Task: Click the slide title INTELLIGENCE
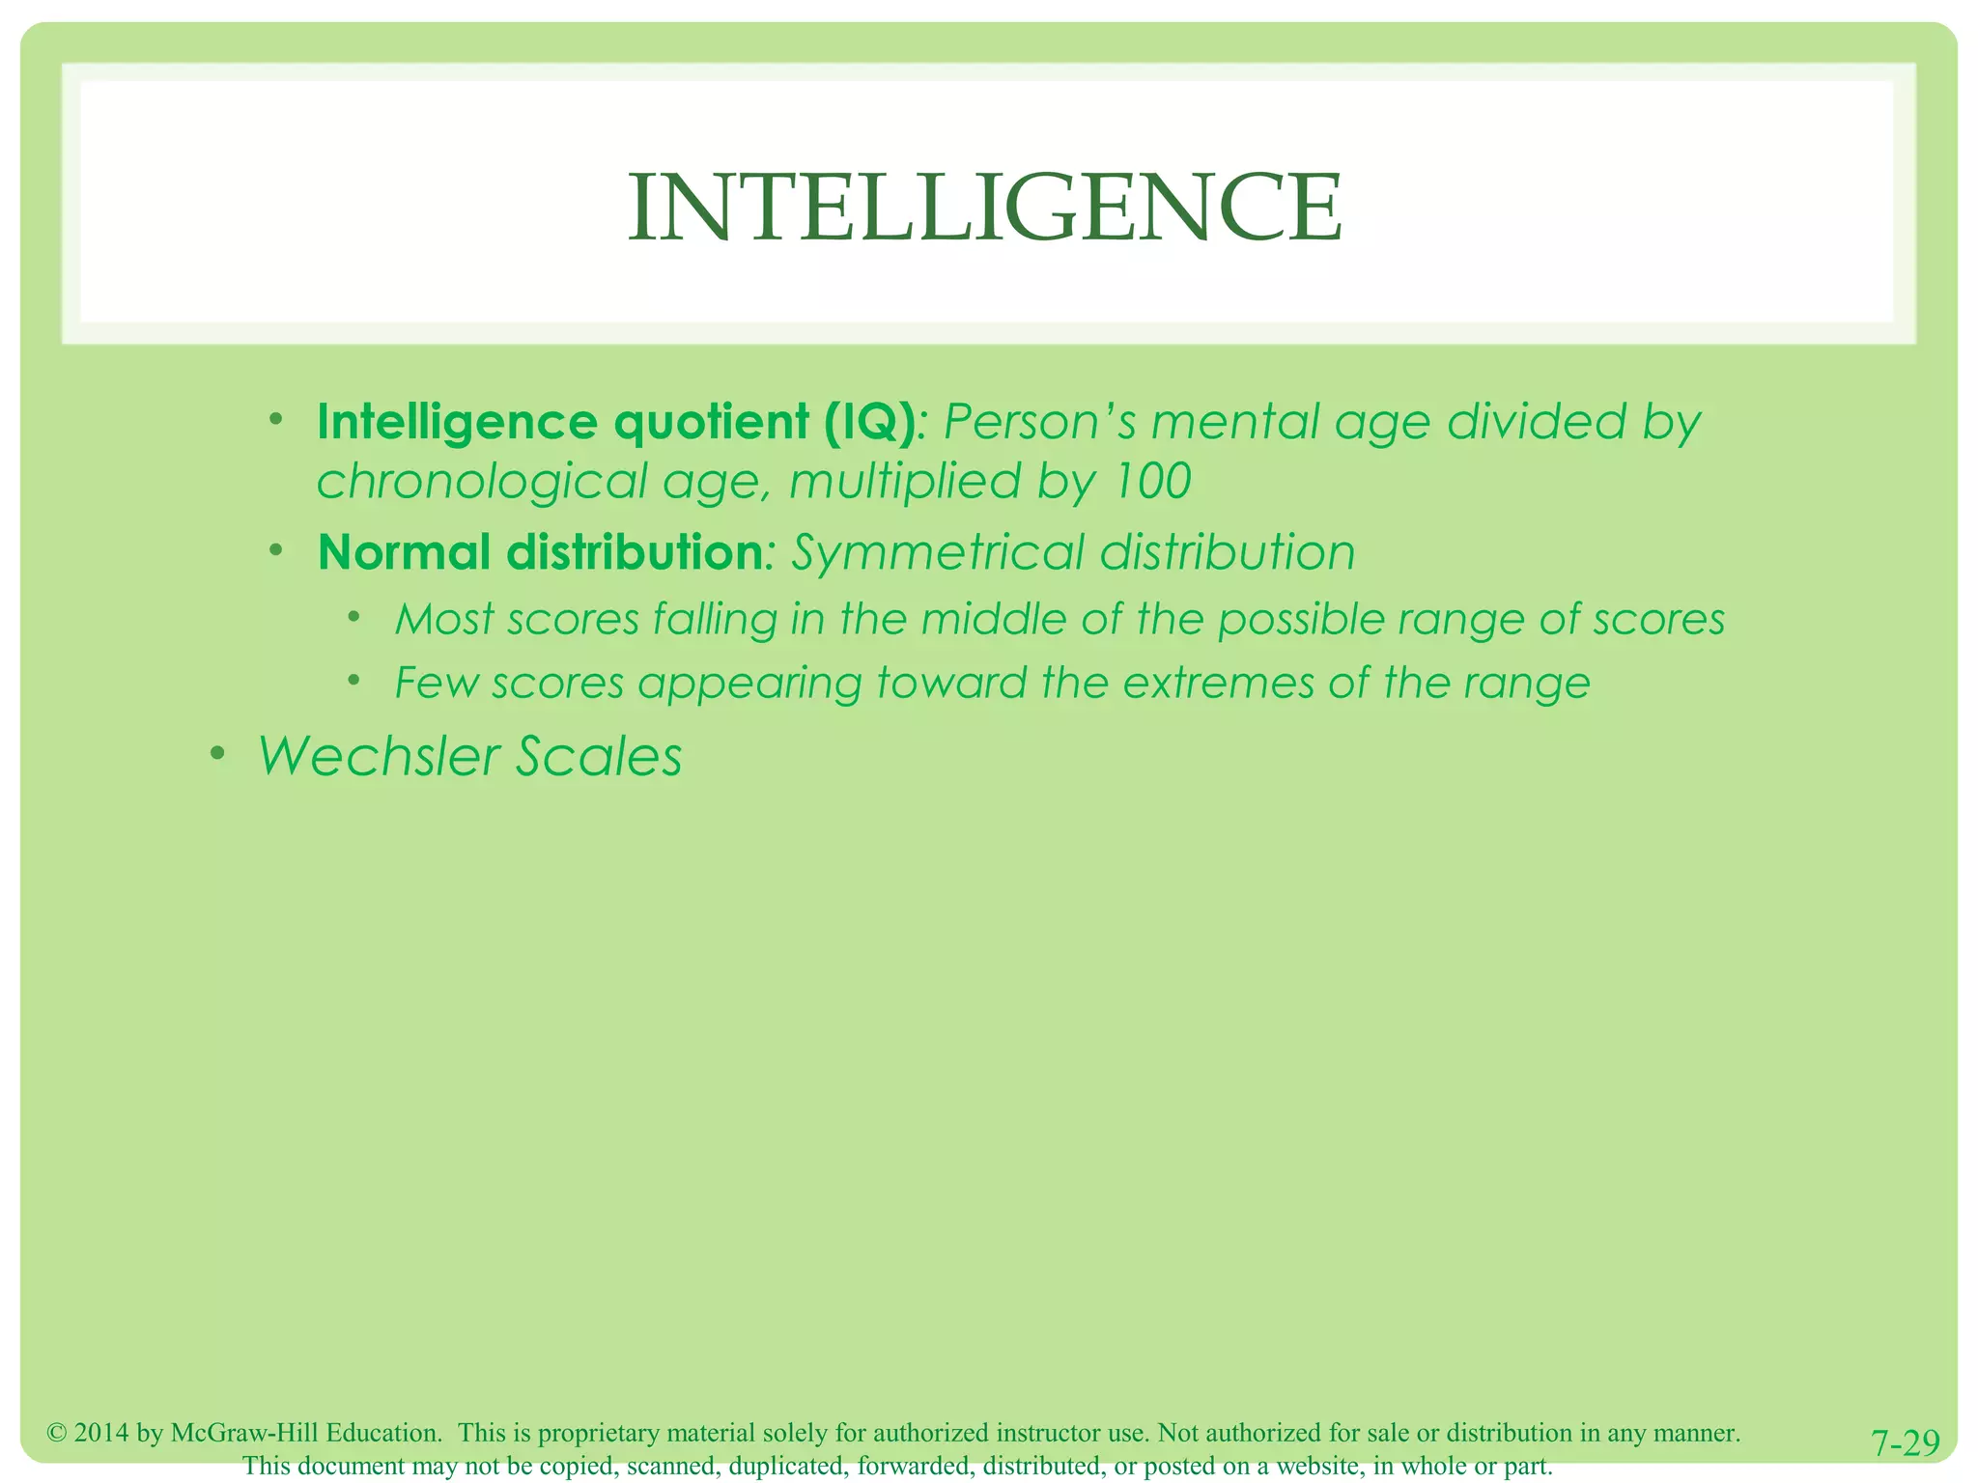[x=984, y=208]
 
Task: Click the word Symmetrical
[x=938, y=553]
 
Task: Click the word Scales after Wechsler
[x=599, y=756]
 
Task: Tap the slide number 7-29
[x=1905, y=1443]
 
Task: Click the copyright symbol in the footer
[x=57, y=1433]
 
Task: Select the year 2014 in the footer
[x=101, y=1433]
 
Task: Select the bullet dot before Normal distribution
[x=276, y=550]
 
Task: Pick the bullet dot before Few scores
[x=354, y=681]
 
